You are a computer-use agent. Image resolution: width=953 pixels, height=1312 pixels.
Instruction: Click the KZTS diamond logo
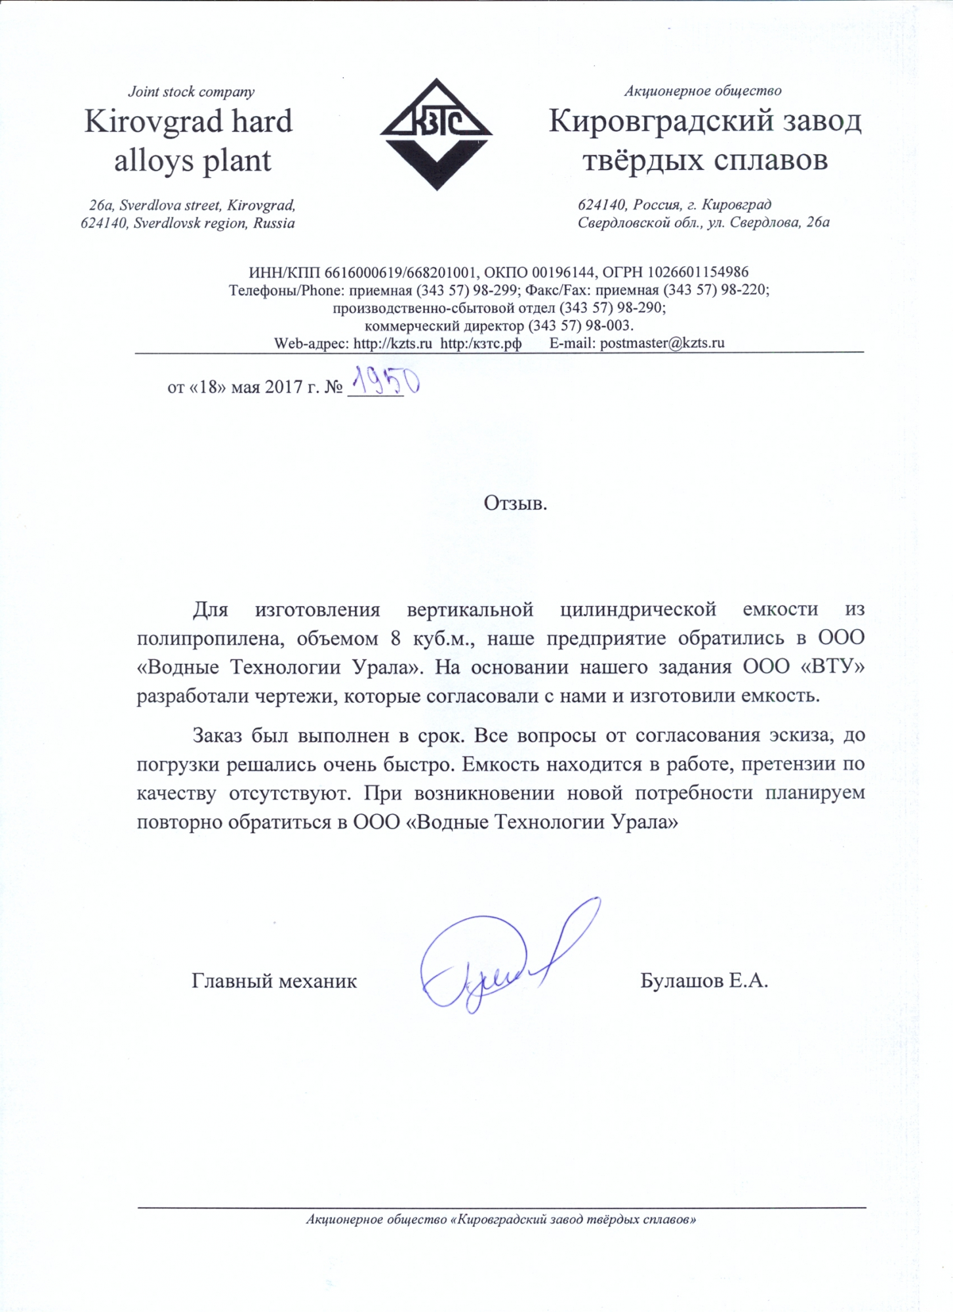coord(436,134)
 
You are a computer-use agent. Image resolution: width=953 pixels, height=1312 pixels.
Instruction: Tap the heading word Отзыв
coord(515,503)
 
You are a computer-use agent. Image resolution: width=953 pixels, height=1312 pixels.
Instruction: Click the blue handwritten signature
coord(505,958)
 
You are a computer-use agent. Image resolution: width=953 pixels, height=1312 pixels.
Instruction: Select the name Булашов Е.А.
coord(704,981)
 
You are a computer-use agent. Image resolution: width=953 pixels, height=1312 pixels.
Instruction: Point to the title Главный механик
coord(274,981)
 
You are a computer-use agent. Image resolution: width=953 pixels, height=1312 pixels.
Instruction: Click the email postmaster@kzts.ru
coord(662,343)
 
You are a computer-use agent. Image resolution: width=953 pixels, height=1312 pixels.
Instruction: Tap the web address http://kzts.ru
coord(392,343)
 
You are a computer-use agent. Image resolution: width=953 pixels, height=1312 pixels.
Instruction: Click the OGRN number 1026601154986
coord(698,272)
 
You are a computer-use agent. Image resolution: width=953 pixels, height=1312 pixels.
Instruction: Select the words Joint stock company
coord(191,92)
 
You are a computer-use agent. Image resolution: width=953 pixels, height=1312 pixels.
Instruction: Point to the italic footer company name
coord(500,1220)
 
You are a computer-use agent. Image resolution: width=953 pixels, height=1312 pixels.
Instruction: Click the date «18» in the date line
coord(208,388)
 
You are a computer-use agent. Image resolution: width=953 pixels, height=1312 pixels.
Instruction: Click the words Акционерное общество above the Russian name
coord(702,91)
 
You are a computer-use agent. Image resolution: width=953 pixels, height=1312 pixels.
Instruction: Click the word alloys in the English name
coord(153,161)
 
